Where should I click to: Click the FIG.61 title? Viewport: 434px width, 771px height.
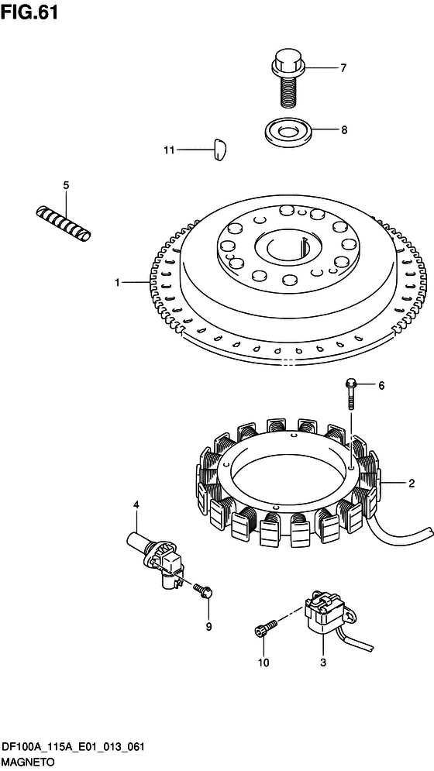point(29,12)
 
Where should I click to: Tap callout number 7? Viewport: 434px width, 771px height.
point(343,67)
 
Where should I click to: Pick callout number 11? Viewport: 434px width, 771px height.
point(169,150)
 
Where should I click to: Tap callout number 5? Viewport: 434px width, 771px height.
point(66,185)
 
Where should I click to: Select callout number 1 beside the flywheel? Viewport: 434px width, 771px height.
point(118,282)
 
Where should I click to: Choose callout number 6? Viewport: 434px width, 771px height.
point(381,386)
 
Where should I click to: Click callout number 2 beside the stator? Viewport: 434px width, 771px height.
point(412,484)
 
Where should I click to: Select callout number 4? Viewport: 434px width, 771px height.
point(136,504)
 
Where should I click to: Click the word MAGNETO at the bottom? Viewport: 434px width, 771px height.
point(28,762)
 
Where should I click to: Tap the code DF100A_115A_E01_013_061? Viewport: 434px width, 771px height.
point(73,749)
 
